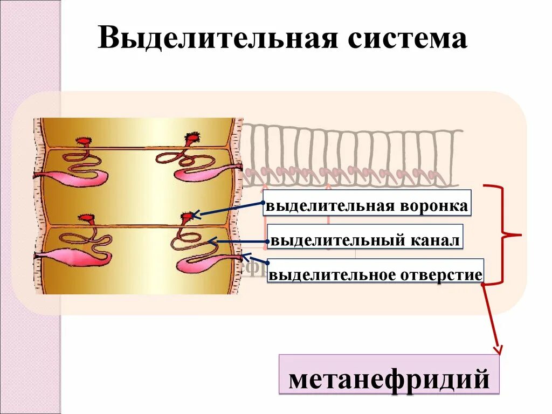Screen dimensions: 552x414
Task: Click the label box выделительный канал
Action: (365, 240)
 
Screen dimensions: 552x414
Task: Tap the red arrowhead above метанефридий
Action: (496, 351)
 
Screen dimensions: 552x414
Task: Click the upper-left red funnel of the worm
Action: (85, 140)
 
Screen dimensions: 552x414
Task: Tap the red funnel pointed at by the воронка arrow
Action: (187, 217)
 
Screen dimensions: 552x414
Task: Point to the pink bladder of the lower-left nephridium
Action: (70, 257)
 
